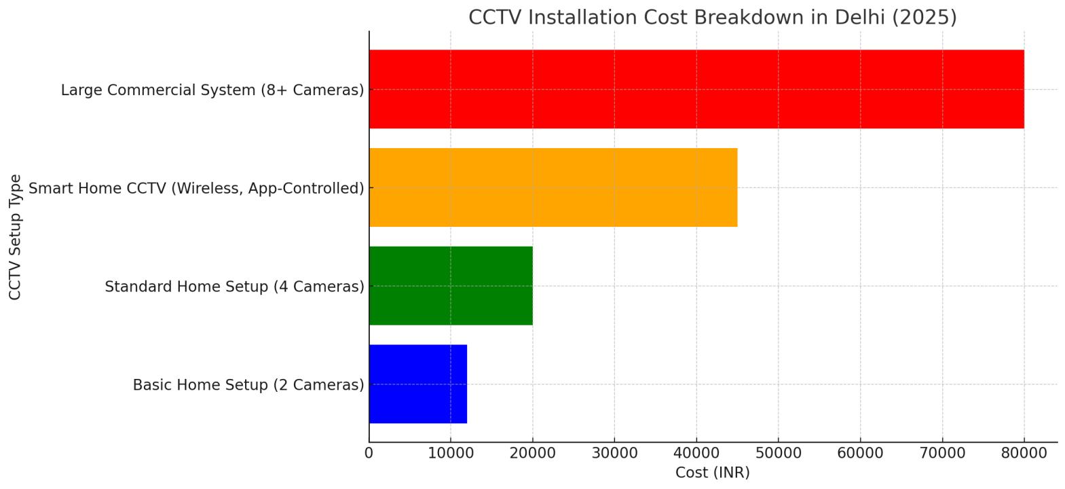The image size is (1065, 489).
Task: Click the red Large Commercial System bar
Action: [696, 89]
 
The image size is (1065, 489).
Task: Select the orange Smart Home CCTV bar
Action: [553, 187]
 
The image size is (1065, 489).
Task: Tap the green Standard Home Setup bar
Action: [451, 286]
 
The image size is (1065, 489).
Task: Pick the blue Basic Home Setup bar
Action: [417, 384]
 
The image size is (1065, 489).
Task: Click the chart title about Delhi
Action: [712, 17]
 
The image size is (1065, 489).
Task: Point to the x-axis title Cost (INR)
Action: [712, 473]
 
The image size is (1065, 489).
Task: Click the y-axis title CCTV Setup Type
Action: [15, 237]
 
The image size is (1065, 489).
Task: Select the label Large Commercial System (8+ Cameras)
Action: [212, 90]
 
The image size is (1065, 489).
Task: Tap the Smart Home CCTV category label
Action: [196, 188]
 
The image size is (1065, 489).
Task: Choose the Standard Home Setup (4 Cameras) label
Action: [234, 287]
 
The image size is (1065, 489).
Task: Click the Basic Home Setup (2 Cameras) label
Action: [248, 385]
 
